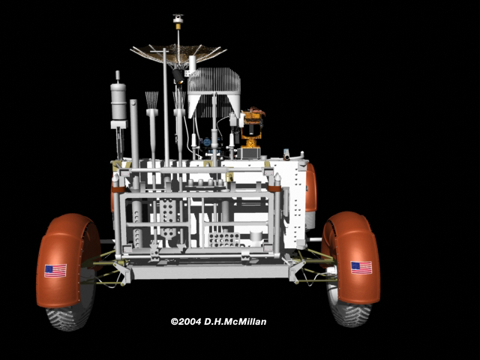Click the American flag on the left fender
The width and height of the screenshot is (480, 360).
click(x=55, y=271)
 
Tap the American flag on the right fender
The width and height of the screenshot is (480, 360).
click(x=361, y=268)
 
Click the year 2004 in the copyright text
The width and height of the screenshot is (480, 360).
click(x=190, y=322)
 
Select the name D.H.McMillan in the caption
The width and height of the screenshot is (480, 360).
click(x=235, y=322)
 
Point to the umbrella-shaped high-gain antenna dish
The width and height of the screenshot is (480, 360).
click(x=178, y=55)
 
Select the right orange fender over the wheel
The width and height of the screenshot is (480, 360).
click(x=352, y=257)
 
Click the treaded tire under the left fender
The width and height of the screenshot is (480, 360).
click(x=68, y=318)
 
